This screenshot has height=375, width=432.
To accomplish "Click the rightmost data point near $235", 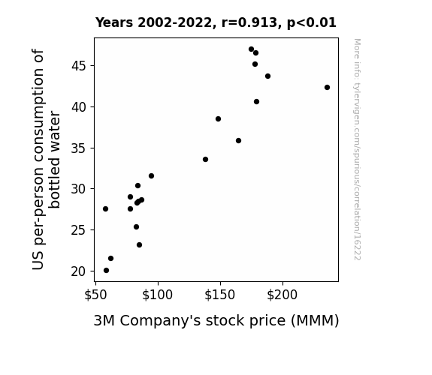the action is click(327, 88).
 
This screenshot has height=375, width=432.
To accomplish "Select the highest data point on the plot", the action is click(251, 49).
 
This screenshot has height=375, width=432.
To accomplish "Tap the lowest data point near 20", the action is click(106, 271).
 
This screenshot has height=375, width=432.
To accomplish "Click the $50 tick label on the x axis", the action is click(95, 295).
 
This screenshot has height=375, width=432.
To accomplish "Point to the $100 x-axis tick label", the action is click(158, 295).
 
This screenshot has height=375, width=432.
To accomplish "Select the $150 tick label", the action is click(220, 295).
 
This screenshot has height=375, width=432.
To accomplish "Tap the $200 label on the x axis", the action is click(282, 295).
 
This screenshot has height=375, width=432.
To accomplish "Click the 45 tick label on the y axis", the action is click(79, 66).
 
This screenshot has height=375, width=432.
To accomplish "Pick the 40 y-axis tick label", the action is click(79, 107).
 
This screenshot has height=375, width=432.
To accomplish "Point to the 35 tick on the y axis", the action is click(79, 148).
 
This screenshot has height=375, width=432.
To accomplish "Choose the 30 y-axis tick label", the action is click(79, 189).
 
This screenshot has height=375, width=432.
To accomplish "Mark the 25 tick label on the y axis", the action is click(79, 230).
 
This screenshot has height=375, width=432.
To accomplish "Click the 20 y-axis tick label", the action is click(79, 271).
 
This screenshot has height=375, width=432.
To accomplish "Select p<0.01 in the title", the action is click(312, 23).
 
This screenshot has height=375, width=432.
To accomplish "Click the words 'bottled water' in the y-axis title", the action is click(54, 160).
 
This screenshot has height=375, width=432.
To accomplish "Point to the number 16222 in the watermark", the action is click(357, 249).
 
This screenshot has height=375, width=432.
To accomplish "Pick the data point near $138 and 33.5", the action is click(205, 159).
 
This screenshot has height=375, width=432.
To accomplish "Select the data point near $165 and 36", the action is click(239, 140).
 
